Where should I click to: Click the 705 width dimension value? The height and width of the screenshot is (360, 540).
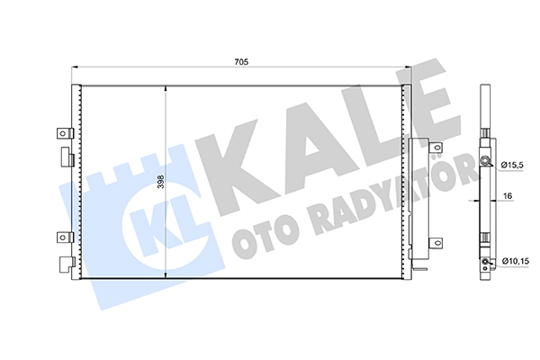point(241,62)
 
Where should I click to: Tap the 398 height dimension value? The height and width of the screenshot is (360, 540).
point(161,182)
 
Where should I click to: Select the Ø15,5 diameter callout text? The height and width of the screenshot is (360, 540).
point(512,166)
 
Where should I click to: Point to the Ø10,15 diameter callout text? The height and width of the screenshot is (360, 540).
point(515,262)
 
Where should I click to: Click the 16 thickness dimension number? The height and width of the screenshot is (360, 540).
point(508,196)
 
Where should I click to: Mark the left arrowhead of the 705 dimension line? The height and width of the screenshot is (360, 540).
point(75,67)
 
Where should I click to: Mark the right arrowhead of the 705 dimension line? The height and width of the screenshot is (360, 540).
point(408,67)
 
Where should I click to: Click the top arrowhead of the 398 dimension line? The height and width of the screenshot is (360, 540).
point(166,88)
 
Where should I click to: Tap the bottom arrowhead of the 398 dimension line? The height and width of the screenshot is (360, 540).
point(166,274)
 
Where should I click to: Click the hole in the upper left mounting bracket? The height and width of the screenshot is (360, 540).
point(63,133)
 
